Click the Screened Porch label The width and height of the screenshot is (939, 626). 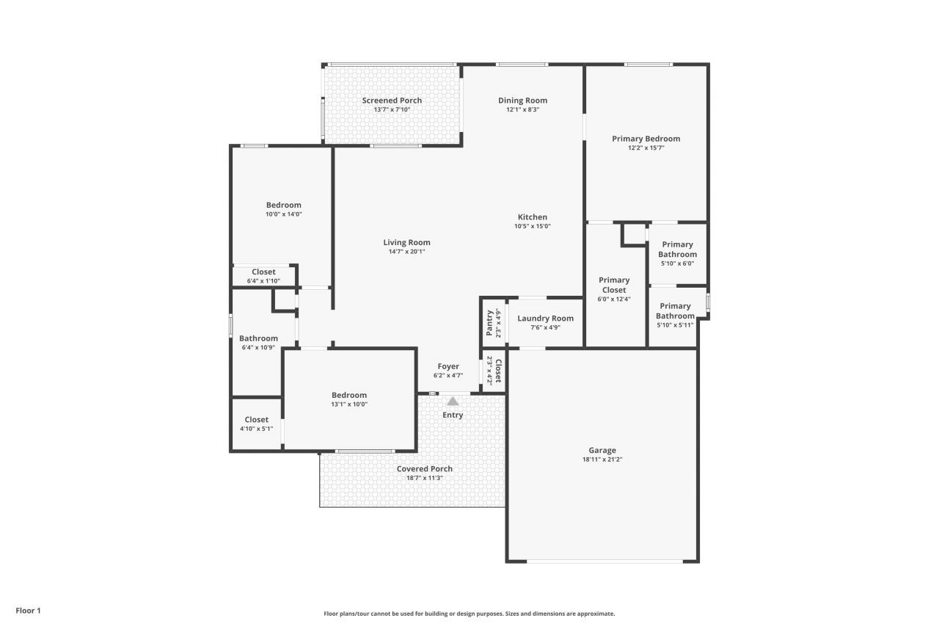[392, 101]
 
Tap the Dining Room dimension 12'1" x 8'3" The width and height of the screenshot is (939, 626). [522, 110]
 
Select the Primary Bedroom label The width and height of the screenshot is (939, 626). [646, 139]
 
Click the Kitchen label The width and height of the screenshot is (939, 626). [532, 217]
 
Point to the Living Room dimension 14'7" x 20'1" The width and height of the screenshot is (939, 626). [406, 252]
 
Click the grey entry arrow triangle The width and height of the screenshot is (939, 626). [453, 401]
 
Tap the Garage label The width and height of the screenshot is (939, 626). [602, 451]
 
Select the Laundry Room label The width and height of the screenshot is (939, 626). [545, 319]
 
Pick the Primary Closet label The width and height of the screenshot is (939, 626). [614, 285]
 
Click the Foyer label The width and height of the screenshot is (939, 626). [448, 366]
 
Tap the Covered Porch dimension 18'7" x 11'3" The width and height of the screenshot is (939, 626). [424, 478]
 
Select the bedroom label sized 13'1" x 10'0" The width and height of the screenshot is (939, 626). [348, 395]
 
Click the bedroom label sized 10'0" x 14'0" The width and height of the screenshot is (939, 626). [283, 205]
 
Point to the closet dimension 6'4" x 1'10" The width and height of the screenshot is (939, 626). [263, 281]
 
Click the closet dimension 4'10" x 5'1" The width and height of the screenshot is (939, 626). [256, 429]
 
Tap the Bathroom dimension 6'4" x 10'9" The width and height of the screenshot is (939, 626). [258, 348]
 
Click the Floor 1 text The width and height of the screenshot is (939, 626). [29, 610]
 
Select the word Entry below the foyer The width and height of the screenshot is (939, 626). [453, 415]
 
